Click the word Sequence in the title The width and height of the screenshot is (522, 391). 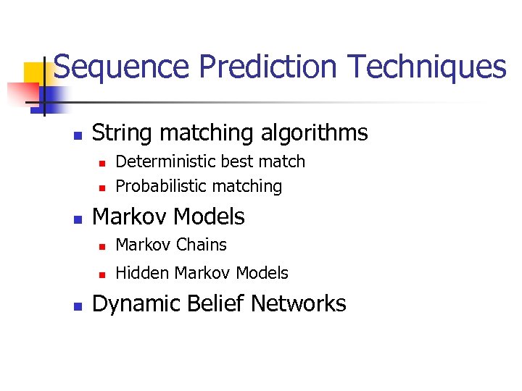click(x=123, y=67)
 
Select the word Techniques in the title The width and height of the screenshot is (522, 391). click(x=426, y=67)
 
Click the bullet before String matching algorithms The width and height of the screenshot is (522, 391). click(x=78, y=135)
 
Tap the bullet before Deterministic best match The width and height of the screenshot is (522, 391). click(x=102, y=163)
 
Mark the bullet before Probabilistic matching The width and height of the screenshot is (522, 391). click(x=102, y=188)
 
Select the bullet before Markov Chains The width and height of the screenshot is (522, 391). click(x=102, y=246)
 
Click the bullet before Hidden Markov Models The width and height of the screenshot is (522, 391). click(x=102, y=274)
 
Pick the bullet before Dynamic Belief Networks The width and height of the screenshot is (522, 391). click(x=78, y=305)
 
